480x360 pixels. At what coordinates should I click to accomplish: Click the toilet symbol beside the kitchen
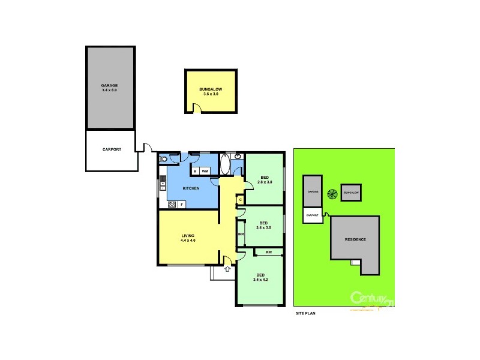point(163,159)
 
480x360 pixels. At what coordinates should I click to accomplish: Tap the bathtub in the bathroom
point(225,163)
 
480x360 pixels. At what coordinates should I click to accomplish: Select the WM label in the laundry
point(205,172)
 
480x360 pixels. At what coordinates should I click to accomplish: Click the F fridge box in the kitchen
point(181,205)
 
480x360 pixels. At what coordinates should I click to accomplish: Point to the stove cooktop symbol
point(172,205)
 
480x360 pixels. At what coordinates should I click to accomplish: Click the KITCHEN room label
point(191,188)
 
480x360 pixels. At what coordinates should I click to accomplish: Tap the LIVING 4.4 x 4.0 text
point(188,238)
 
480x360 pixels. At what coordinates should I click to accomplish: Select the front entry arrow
point(227,269)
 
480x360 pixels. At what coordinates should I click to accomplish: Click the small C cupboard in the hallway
point(239,200)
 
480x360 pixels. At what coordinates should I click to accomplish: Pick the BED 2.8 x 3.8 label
point(264,179)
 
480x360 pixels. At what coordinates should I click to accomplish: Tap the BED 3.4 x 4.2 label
point(260,277)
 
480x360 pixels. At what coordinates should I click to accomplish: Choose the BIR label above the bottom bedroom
point(269,253)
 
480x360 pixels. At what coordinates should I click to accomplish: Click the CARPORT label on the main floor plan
point(112,149)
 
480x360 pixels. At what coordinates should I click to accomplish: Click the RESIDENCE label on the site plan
point(355,239)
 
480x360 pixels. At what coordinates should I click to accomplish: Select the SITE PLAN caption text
point(305,313)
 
